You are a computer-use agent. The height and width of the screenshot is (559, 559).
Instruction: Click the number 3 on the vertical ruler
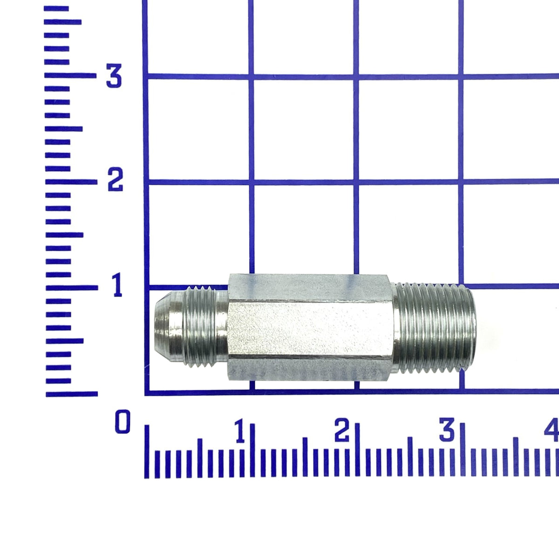tap(114, 77)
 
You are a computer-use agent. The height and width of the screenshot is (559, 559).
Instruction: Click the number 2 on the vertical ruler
tap(115, 181)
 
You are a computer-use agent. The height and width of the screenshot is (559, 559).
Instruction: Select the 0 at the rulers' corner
tap(123, 422)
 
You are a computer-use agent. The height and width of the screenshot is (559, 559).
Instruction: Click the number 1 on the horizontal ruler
tap(240, 431)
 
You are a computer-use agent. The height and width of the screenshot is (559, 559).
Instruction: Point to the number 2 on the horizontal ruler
tap(342, 431)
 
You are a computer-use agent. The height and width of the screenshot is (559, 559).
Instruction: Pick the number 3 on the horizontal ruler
tap(447, 431)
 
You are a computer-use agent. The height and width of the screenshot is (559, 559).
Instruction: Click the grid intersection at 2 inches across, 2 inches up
tap(356, 182)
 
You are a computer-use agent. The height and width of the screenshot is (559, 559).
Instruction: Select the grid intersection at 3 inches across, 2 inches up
tap(461, 182)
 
